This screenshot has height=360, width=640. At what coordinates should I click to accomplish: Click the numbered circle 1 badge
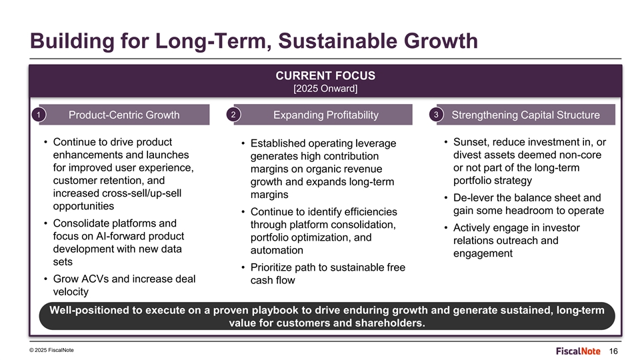pos(39,115)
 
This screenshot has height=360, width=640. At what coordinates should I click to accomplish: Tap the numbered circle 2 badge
pos(233,114)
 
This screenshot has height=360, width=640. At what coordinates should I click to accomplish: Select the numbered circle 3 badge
pos(436,114)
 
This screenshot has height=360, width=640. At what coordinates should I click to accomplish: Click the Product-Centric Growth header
pos(124,115)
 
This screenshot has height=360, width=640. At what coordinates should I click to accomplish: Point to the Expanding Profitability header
pos(326,115)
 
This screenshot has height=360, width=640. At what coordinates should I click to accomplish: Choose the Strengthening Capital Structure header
pos(526,115)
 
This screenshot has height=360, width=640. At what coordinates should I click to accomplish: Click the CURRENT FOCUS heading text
pos(325,75)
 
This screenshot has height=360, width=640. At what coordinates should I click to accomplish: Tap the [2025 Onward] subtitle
pos(325,89)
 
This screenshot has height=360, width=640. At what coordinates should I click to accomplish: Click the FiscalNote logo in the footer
pos(578,351)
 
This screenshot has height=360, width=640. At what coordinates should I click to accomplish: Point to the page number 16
pos(613,351)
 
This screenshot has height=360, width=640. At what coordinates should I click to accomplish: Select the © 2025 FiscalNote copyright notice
pos(51,350)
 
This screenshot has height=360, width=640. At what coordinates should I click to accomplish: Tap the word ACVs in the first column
pos(95,279)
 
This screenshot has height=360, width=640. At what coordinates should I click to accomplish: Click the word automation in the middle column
pos(277,250)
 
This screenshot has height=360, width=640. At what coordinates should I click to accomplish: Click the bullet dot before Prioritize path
pos(243,268)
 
